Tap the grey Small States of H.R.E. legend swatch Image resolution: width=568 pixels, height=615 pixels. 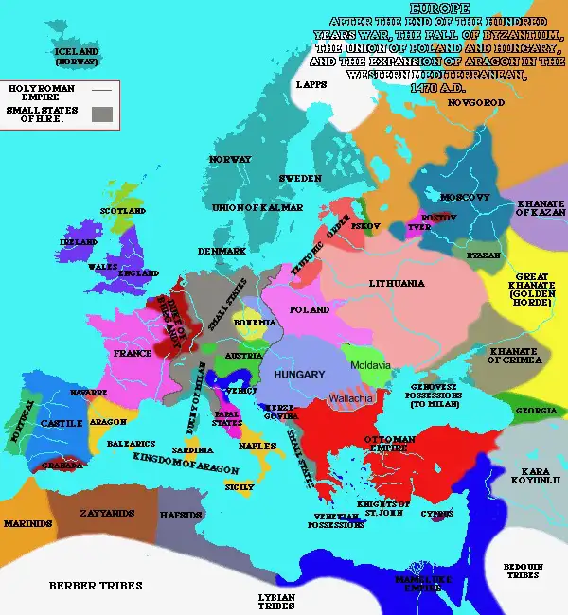(x=103, y=114)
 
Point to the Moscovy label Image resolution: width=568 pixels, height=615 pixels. (x=465, y=197)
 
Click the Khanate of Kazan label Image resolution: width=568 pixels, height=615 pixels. (x=541, y=208)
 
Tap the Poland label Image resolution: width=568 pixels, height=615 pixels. (x=310, y=309)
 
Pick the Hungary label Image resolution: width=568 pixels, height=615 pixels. (x=298, y=375)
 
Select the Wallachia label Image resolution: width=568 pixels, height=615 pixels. (x=352, y=399)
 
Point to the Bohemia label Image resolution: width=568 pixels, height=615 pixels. (x=252, y=322)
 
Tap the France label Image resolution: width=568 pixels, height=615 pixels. (x=133, y=353)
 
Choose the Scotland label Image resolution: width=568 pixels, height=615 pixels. (x=124, y=211)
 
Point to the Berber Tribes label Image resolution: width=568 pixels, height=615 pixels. (x=95, y=586)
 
